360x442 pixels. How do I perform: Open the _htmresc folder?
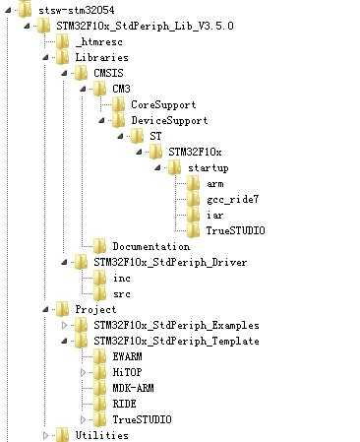tap(95, 41)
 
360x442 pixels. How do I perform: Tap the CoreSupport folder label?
tap(163, 104)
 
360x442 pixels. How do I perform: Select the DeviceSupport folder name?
tap(170, 120)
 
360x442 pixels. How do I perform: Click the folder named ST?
tap(155, 136)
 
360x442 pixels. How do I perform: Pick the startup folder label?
tap(208, 168)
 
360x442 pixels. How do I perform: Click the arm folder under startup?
tap(214, 183)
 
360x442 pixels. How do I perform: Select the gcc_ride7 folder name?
tap(230, 199)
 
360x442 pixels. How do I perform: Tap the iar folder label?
tap(214, 215)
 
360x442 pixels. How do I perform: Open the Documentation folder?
tap(150, 246)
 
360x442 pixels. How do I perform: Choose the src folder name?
tap(122, 293)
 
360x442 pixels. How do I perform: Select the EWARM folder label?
tap(128, 356)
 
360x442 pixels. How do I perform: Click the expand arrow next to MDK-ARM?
tap(83, 388)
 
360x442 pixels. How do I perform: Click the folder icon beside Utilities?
tap(61, 435)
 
